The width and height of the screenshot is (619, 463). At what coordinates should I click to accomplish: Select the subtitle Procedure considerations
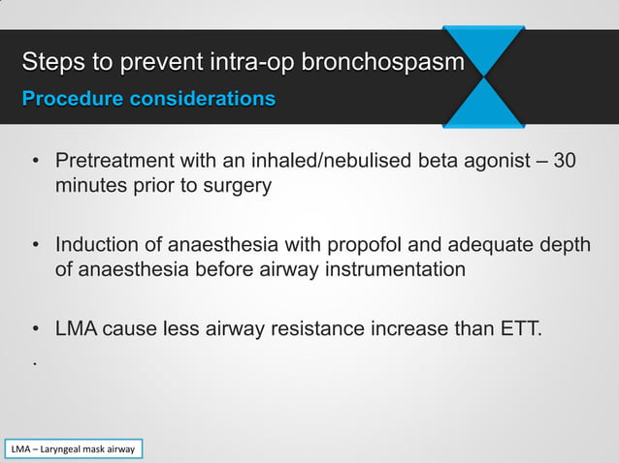coord(148,99)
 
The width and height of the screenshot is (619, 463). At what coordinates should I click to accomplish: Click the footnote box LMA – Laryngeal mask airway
coord(73,449)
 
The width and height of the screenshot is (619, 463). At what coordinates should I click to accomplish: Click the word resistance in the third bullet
coord(310,329)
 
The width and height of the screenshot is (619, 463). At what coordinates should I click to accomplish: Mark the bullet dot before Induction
coord(35,245)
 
